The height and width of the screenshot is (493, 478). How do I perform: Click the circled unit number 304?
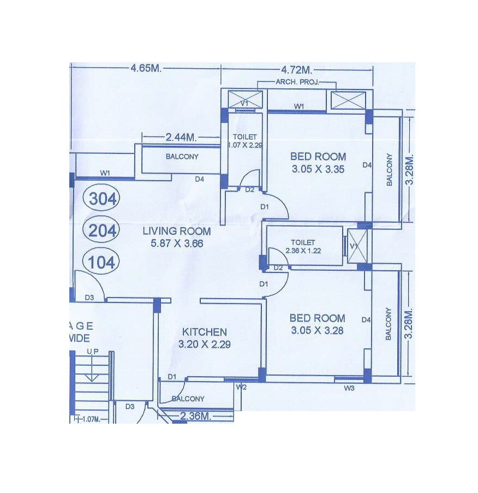click(x=103, y=199)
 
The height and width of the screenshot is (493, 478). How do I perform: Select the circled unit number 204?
click(x=103, y=231)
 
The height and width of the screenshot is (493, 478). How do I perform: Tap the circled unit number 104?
click(x=103, y=263)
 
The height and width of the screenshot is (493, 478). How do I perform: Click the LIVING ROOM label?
click(x=177, y=231)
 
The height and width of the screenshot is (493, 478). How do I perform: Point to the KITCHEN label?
click(x=205, y=332)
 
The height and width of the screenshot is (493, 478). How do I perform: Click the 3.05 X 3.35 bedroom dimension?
click(x=318, y=169)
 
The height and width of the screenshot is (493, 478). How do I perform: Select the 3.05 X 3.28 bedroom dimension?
click(x=317, y=330)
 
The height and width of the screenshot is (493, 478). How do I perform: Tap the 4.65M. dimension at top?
click(x=146, y=69)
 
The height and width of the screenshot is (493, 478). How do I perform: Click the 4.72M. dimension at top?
click(x=296, y=70)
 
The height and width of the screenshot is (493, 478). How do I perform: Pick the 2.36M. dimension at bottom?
click(x=195, y=416)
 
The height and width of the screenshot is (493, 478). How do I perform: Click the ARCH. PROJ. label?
click(x=297, y=82)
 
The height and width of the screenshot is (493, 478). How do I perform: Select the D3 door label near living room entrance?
click(x=89, y=297)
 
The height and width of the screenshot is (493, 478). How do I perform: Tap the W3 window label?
click(x=349, y=388)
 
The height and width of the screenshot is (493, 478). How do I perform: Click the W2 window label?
click(x=241, y=387)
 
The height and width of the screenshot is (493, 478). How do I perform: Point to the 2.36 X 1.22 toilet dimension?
click(x=303, y=251)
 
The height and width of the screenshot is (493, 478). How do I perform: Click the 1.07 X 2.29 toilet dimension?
click(x=241, y=145)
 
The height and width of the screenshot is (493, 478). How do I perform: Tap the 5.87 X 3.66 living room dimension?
click(x=177, y=243)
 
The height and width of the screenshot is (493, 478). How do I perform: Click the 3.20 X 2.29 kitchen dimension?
click(x=205, y=344)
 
